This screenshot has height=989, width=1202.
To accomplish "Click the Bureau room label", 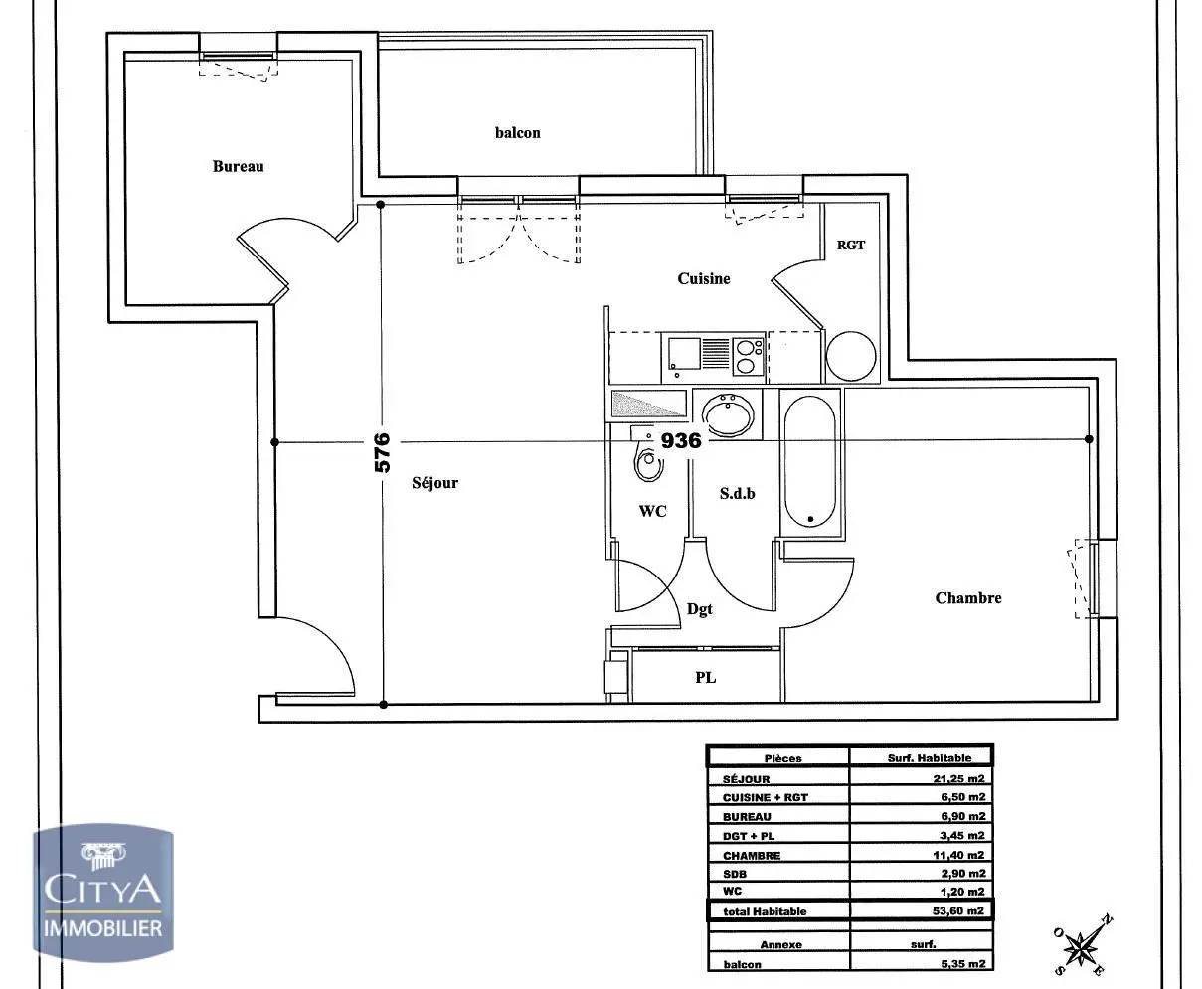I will coord(239,166).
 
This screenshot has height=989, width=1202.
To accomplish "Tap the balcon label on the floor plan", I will coord(518,132).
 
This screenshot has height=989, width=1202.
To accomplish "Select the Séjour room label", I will coord(435,483).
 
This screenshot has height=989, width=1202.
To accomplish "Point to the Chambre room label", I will coord(968,597).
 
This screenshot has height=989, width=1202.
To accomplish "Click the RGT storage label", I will coord(851,245).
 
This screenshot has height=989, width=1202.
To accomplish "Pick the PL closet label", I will coord(705,678).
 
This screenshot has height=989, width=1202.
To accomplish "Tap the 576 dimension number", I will coord(383,452).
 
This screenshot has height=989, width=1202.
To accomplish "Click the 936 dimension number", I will coord(681,440).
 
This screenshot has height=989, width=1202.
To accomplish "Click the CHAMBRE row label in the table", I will coord(752,855).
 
